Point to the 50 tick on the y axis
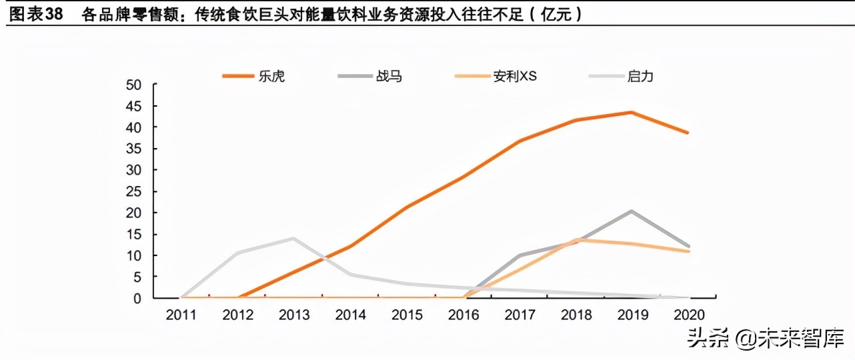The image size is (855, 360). [x=134, y=85]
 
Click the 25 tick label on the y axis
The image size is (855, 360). [x=134, y=191]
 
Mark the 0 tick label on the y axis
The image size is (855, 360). [x=137, y=298]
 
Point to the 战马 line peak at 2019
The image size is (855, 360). [x=632, y=211]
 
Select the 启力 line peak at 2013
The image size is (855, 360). [x=293, y=238]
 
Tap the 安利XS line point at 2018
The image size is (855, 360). [x=576, y=239]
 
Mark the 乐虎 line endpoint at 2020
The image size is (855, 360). [x=688, y=133]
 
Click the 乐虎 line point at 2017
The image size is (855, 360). [x=519, y=141]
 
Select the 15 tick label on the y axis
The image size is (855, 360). [x=134, y=234]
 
